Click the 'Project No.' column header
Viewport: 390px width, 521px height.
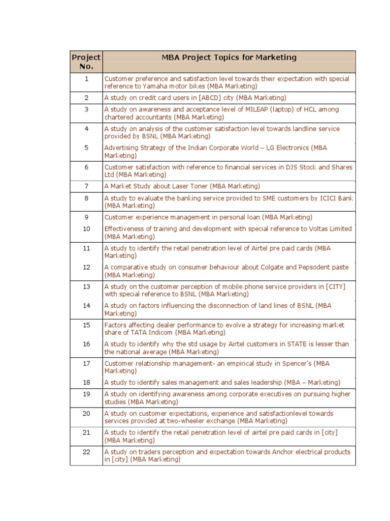click(86, 62)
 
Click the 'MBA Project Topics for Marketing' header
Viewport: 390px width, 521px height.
click(229, 57)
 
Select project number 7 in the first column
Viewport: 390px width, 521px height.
click(86, 186)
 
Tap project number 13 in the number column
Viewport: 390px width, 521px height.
click(86, 286)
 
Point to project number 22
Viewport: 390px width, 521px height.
click(86, 451)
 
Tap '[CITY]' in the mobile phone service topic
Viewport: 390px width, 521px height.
click(335, 287)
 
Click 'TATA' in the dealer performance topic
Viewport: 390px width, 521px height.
click(141, 333)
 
